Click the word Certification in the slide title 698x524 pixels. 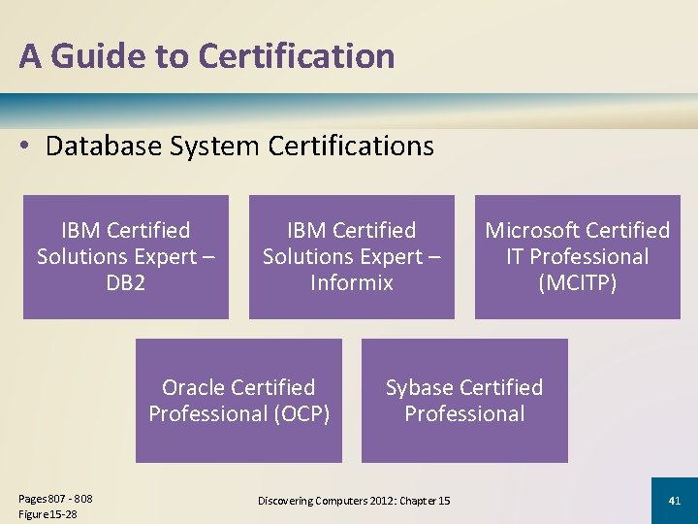coord(296,56)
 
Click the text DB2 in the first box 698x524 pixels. coord(125,282)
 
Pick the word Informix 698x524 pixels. coord(352,282)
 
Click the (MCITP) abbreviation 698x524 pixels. coord(577,282)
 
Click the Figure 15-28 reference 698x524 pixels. coord(48,512)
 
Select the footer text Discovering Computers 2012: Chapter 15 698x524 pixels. coord(354,501)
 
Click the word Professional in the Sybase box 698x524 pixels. coord(464,413)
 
